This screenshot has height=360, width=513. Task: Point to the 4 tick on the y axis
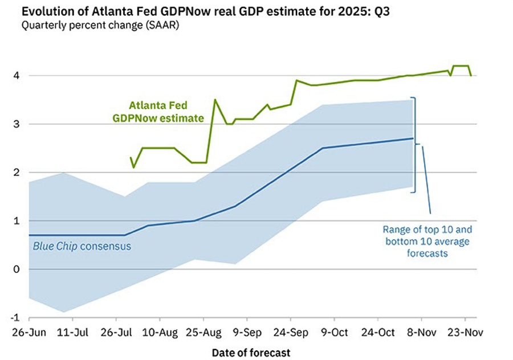(x=16, y=76)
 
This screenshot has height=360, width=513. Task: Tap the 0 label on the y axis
(x=16, y=269)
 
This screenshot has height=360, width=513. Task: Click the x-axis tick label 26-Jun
(x=28, y=331)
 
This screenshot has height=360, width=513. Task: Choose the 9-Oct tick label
(x=333, y=331)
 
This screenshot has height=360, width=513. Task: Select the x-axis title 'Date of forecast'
(x=251, y=353)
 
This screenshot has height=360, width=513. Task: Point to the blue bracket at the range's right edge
(x=416, y=145)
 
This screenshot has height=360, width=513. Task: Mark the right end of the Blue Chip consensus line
(x=413, y=138)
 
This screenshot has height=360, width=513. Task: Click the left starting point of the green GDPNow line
(x=131, y=158)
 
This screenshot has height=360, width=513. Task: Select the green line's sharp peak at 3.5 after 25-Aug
(x=215, y=100)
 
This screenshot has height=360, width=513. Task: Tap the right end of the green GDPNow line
(x=471, y=75)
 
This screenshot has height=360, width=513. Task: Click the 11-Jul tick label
(x=72, y=331)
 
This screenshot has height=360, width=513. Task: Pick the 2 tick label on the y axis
(x=16, y=173)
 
